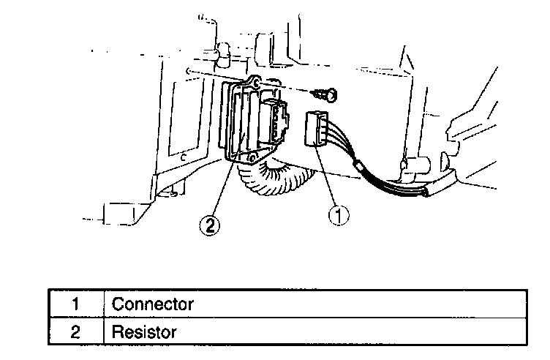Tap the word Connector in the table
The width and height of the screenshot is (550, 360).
point(152,303)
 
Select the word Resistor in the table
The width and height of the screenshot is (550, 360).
point(144,331)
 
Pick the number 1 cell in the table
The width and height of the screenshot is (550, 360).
point(75,303)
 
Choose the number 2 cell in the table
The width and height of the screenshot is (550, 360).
point(75,331)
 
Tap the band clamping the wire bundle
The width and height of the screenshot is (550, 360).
point(360,168)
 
